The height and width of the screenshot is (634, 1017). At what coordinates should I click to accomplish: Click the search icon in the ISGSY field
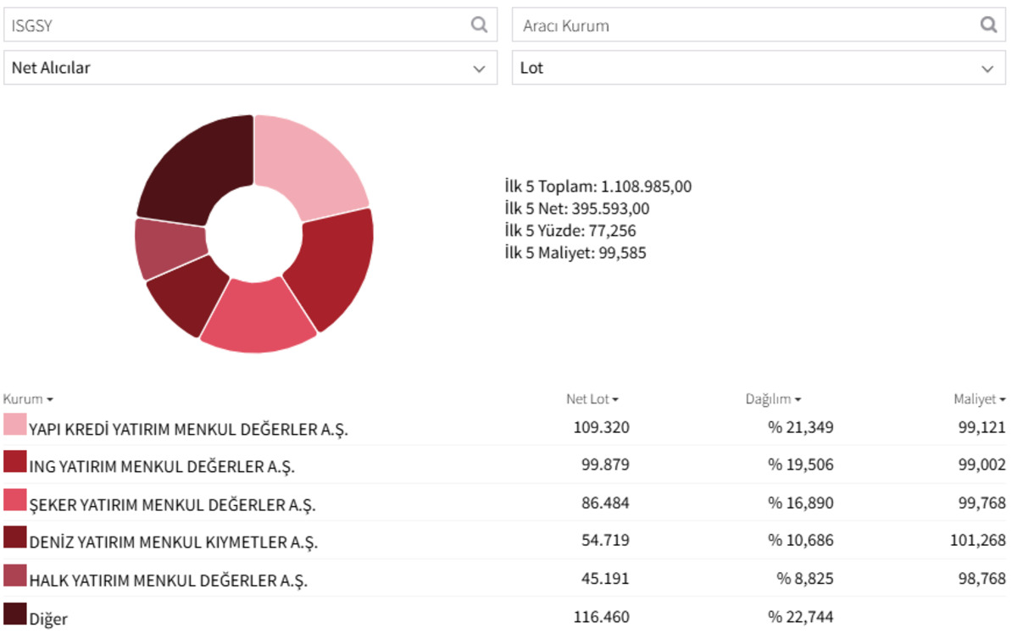pyautogui.click(x=479, y=25)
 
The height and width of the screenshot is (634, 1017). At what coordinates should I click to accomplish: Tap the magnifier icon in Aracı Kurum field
pyautogui.click(x=988, y=25)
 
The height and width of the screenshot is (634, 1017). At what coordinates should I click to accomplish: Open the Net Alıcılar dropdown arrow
pyautogui.click(x=479, y=69)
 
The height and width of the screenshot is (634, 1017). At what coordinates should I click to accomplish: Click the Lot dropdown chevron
pyautogui.click(x=987, y=69)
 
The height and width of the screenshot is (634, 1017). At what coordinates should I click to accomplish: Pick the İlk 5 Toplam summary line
pyautogui.click(x=598, y=186)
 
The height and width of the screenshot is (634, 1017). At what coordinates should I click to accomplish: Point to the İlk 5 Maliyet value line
pyautogui.click(x=575, y=253)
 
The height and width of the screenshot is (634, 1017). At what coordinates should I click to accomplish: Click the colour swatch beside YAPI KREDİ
pyautogui.click(x=14, y=424)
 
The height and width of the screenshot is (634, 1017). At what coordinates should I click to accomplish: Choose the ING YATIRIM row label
pyautogui.click(x=162, y=466)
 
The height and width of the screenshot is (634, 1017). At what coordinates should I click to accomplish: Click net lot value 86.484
pyautogui.click(x=605, y=503)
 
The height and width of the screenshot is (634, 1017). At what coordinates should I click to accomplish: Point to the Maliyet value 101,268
pyautogui.click(x=977, y=540)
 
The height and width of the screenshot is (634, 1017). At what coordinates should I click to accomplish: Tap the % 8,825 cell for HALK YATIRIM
pyautogui.click(x=804, y=579)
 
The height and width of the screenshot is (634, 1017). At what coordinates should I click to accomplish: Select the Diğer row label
pyautogui.click(x=48, y=619)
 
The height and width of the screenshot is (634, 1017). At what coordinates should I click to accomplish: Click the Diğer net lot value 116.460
pyautogui.click(x=602, y=617)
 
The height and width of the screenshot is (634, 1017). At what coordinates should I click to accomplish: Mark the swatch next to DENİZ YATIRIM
pyautogui.click(x=14, y=537)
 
